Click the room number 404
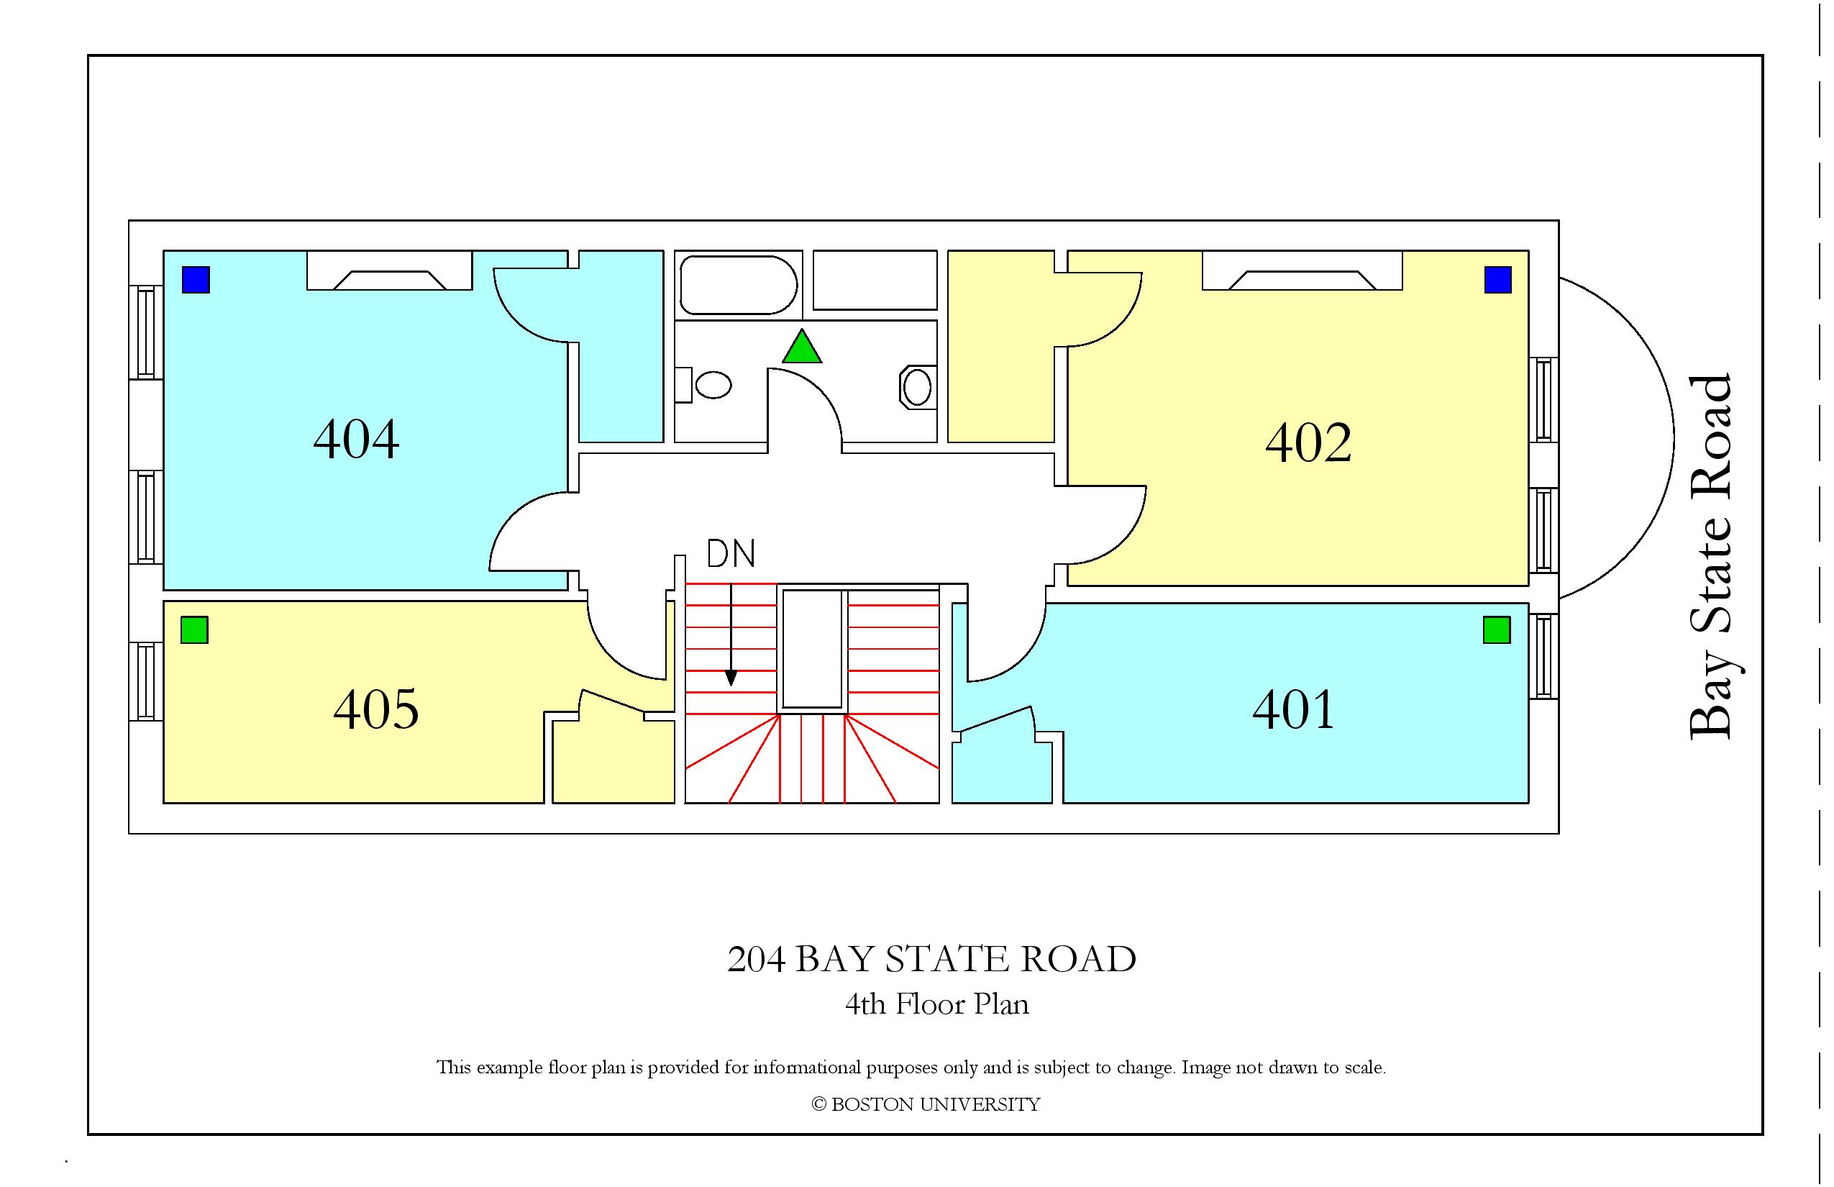[x=356, y=440]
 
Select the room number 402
[x=1308, y=442]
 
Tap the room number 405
[x=376, y=709]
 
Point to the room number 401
[x=1293, y=709]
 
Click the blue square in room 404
[x=196, y=280]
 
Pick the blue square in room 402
[x=1498, y=280]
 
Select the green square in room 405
[x=194, y=629]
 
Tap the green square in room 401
[x=1497, y=629]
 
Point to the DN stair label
[x=731, y=553]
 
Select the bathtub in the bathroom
[x=738, y=285]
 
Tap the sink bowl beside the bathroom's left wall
[x=713, y=385]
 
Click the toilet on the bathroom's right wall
[x=917, y=387]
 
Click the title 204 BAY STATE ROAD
[x=931, y=959]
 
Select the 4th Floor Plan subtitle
[x=937, y=1004]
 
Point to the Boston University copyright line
[x=926, y=1104]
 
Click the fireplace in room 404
[x=389, y=270]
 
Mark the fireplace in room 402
[x=1302, y=270]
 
